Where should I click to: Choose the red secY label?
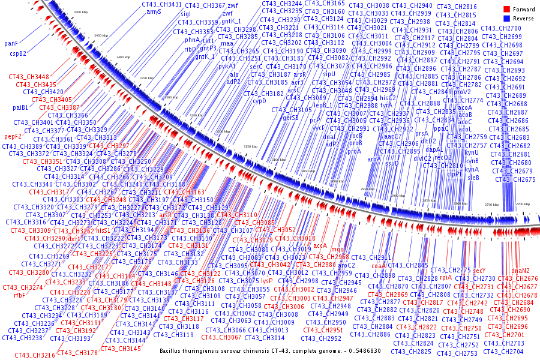(x=479, y=271)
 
